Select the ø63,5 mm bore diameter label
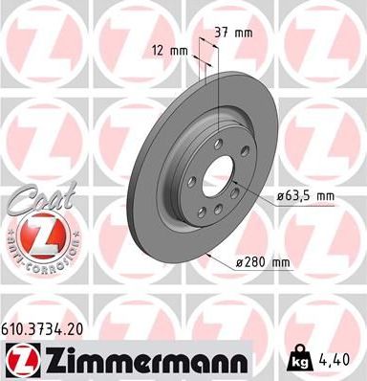tap(308, 196)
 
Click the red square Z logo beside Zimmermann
tap(20, 360)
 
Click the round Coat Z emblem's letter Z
tap(37, 230)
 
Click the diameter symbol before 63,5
tap(282, 196)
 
